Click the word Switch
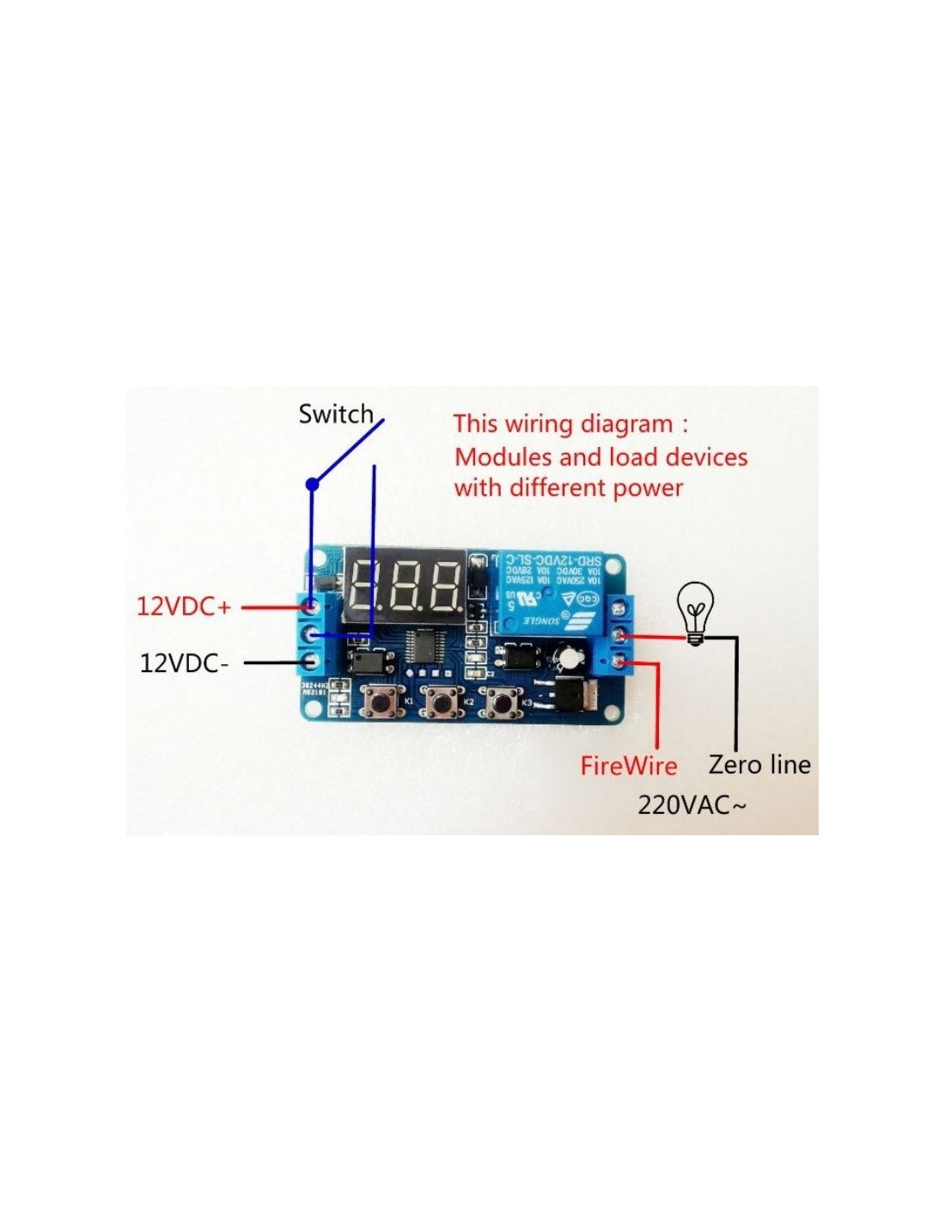tap(336, 414)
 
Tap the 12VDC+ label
tap(184, 607)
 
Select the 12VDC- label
tap(184, 663)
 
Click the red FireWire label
tap(628, 766)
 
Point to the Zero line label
tap(759, 764)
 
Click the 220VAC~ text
tap(692, 805)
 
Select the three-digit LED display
tap(405, 586)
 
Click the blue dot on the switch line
tap(313, 485)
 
